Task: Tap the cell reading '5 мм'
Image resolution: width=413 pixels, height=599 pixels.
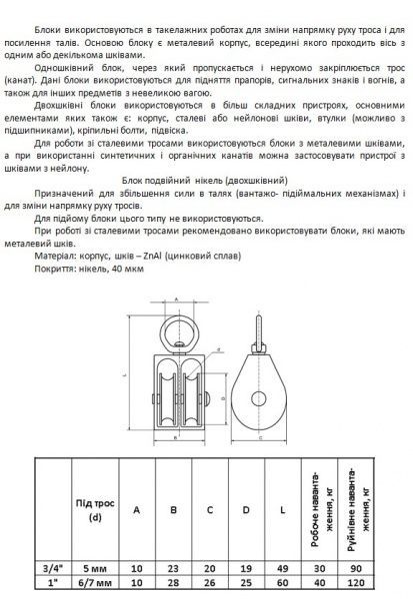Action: click(95, 568)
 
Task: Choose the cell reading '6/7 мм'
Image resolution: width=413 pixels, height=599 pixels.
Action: click(95, 582)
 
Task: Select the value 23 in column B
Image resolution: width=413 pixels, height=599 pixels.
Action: click(174, 568)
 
